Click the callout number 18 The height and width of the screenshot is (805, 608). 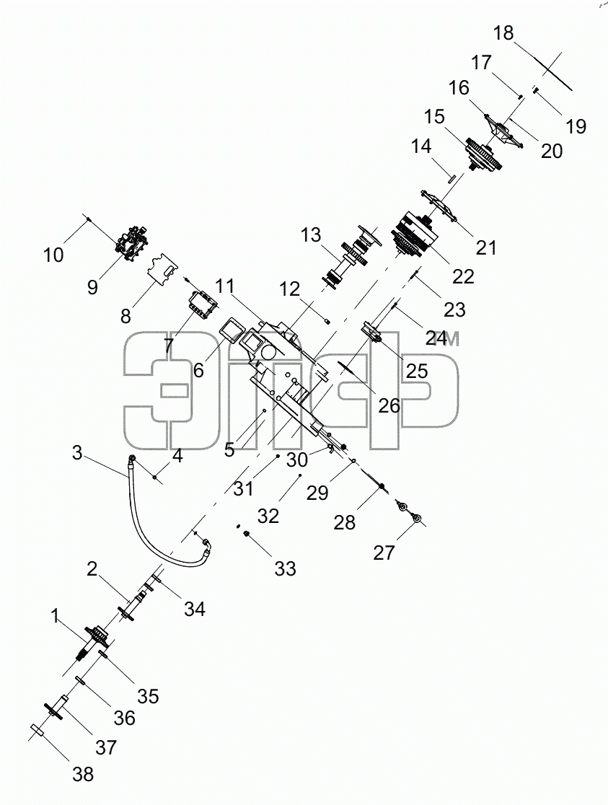[503, 33]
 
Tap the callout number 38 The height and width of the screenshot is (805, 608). [83, 774]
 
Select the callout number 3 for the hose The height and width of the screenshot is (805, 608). [77, 453]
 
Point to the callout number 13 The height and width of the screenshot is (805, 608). [311, 235]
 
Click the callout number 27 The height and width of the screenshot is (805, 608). [384, 553]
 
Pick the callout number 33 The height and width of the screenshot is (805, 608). [285, 569]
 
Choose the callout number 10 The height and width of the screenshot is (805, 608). [53, 255]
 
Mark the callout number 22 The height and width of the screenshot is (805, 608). [463, 277]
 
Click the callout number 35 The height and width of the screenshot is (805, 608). [148, 696]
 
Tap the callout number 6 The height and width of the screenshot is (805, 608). [199, 370]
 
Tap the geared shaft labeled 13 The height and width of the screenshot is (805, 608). [352, 258]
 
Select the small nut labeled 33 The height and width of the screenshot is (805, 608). [246, 535]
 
